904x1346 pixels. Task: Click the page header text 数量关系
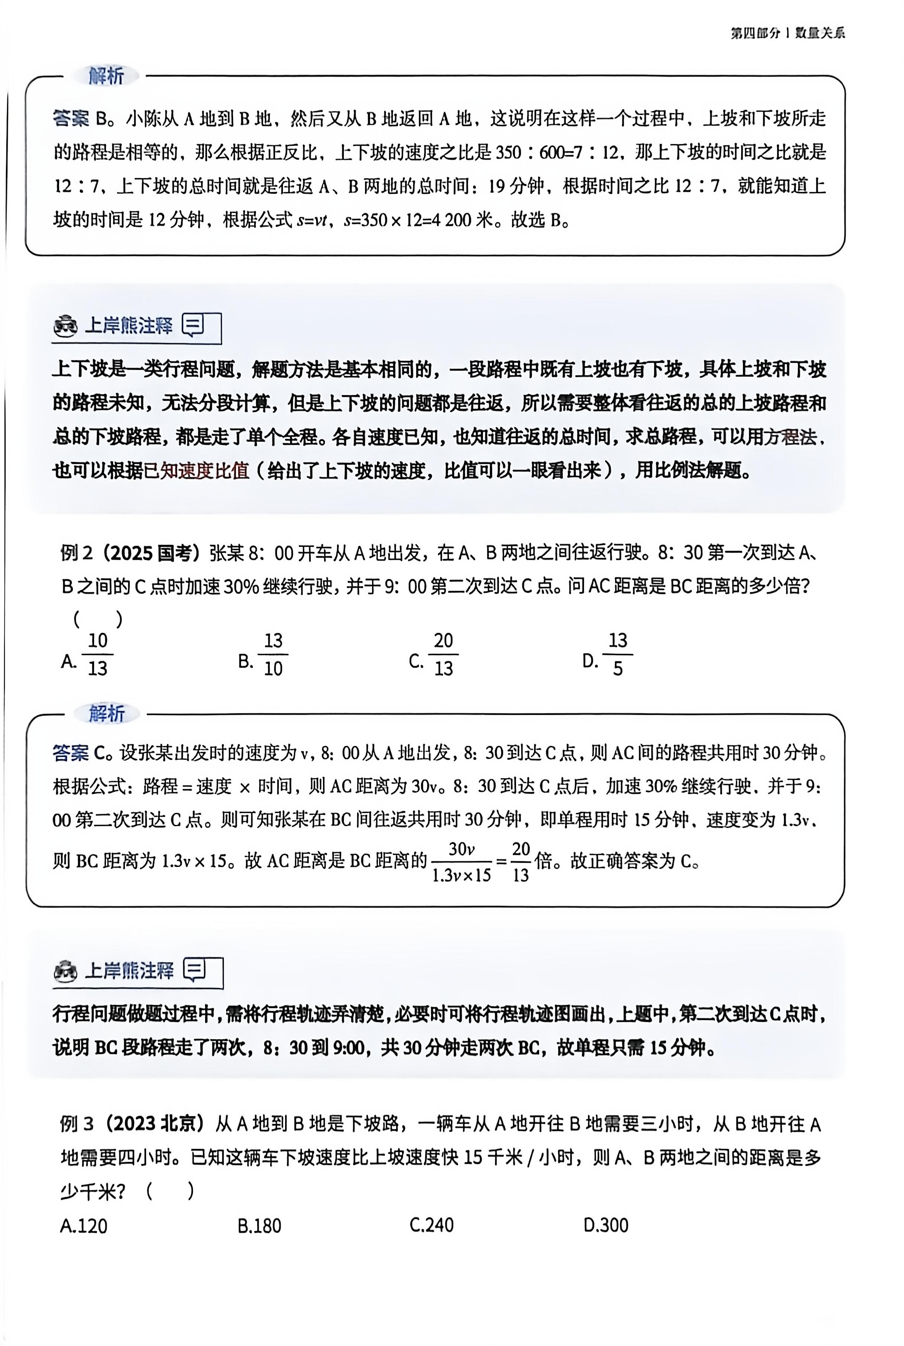coord(820,33)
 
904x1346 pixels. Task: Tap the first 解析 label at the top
coord(106,75)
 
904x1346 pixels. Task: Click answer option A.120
coord(84,1226)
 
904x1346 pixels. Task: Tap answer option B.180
coord(259,1226)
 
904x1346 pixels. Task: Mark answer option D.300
coord(606,1226)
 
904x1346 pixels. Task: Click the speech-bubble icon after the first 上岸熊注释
coord(193,326)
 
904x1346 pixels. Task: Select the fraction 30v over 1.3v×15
coord(461,861)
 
